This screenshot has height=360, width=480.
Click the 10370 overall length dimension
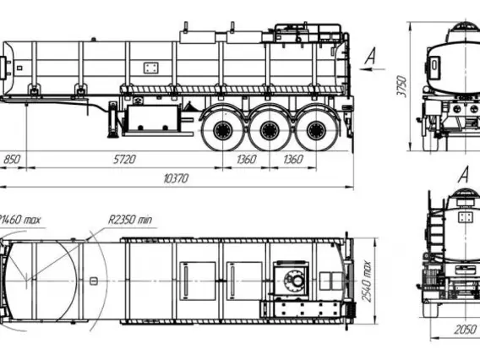[x=176, y=178]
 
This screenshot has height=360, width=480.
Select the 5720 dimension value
[x=124, y=160]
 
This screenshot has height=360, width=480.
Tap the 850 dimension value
[x=12, y=160]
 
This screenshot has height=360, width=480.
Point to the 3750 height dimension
[x=401, y=87]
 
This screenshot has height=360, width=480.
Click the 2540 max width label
[x=366, y=281]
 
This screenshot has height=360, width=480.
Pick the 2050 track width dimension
[x=466, y=330]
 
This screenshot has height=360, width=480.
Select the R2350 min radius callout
[x=130, y=220]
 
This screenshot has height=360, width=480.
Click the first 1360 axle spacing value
[x=247, y=160]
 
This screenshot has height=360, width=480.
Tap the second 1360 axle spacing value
[x=293, y=160]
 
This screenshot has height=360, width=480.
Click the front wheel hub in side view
[x=222, y=130]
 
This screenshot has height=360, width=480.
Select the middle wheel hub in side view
[x=270, y=130]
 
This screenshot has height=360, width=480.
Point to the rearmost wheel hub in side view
[x=316, y=130]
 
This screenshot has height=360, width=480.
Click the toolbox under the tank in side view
[x=152, y=117]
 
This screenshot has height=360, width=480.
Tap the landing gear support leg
[x=112, y=120]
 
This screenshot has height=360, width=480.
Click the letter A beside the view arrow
[x=370, y=56]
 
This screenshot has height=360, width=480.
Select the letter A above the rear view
[x=465, y=174]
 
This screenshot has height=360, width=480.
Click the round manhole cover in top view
[x=294, y=279]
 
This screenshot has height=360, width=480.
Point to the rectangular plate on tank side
[x=151, y=68]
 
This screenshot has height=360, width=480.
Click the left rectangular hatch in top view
[x=198, y=281]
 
